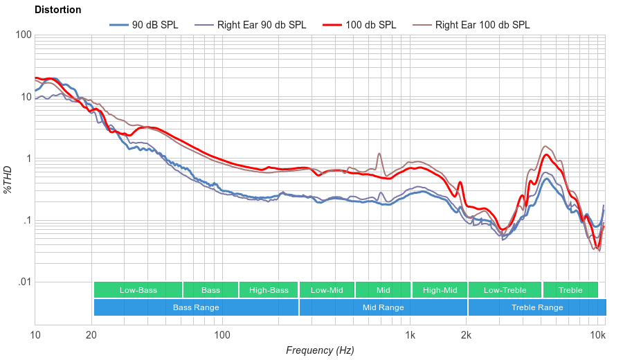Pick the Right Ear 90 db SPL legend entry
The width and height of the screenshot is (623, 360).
261,24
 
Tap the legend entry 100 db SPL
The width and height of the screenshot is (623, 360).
370,24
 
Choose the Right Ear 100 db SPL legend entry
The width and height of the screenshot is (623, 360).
482,24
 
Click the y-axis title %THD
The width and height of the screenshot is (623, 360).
8,179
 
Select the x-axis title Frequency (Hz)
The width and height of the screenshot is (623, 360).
320,350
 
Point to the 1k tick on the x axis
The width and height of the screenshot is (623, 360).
410,336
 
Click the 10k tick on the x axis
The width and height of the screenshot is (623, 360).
598,336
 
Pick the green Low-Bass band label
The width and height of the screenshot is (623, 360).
138,290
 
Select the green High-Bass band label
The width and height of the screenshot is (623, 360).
269,290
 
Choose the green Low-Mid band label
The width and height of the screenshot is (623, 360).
327,290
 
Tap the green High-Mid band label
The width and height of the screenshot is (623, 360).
440,290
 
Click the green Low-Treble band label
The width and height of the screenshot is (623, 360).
505,290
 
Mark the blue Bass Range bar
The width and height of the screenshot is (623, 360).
196,307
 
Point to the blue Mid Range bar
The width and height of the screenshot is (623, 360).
383,307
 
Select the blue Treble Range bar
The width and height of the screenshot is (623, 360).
536,307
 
